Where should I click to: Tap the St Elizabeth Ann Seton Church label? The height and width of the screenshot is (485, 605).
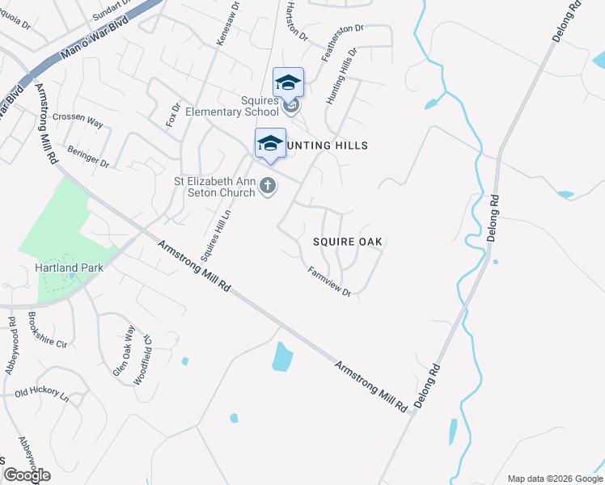pyautogui.click(x=214, y=187)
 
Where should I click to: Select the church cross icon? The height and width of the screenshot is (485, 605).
pyautogui.click(x=268, y=188)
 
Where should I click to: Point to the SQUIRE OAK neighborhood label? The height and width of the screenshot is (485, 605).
pyautogui.click(x=348, y=242)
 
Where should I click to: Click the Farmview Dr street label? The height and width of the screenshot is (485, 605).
pyautogui.click(x=329, y=282)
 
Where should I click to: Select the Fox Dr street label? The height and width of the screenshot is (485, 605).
pyautogui.click(x=172, y=114)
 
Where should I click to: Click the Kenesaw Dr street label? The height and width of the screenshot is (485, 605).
pyautogui.click(x=228, y=23)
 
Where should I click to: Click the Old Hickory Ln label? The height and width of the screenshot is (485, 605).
pyautogui.click(x=42, y=394)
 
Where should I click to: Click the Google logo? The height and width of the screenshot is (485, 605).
pyautogui.click(x=27, y=475)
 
